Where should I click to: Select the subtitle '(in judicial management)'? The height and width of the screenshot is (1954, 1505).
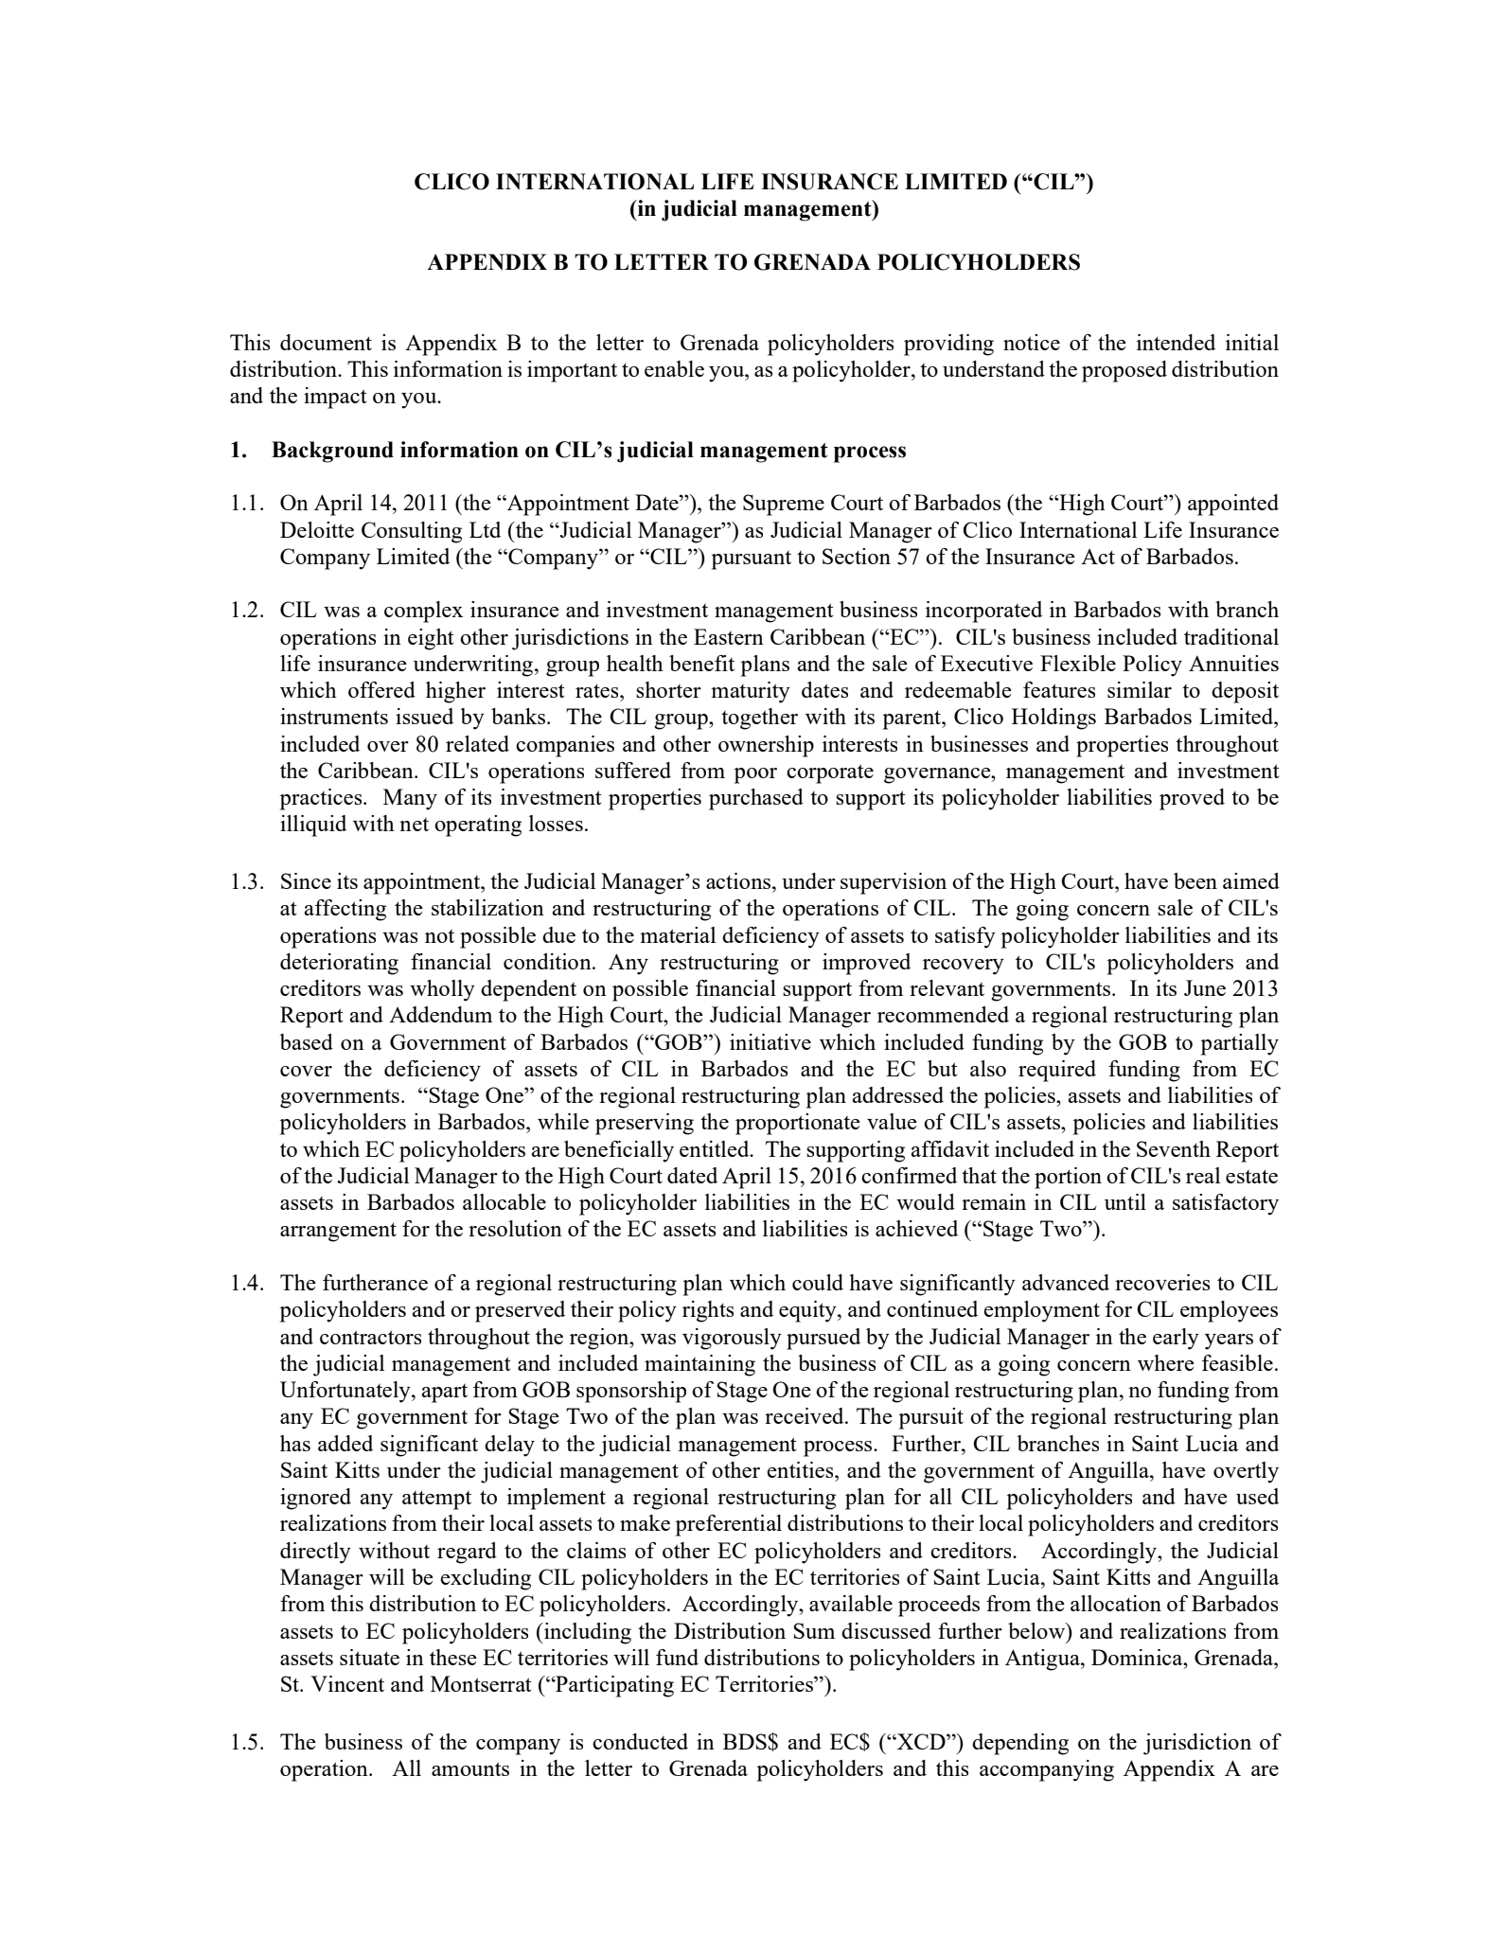(753, 209)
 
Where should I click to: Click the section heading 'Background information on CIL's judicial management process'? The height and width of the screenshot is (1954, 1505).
(589, 451)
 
